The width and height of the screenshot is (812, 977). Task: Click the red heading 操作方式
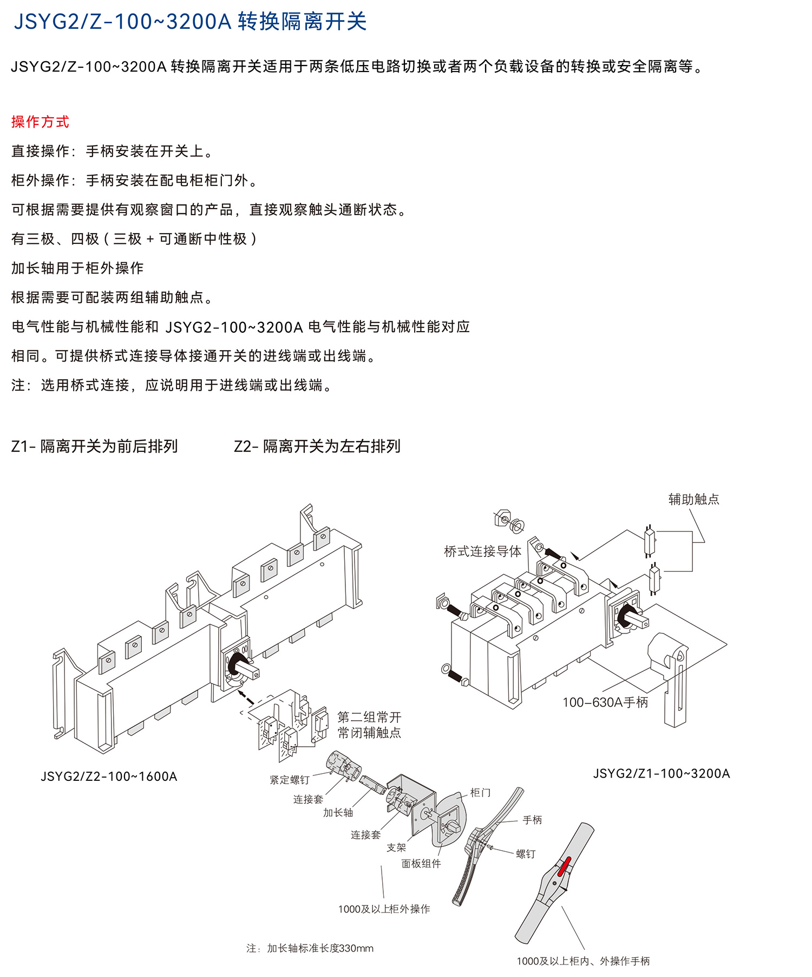[40, 122]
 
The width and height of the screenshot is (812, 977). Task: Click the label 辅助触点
[693, 499]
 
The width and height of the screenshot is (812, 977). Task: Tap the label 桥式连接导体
[482, 552]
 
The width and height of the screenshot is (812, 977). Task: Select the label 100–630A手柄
[605, 702]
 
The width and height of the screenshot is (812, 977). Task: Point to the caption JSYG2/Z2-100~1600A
[109, 777]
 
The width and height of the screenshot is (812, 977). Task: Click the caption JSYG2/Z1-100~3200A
[662, 773]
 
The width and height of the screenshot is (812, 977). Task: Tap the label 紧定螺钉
[290, 780]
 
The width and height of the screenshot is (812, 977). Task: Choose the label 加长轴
[338, 812]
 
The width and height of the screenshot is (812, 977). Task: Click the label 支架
[396, 847]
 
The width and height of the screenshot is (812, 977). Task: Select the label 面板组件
[421, 863]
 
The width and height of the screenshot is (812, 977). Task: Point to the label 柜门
[480, 793]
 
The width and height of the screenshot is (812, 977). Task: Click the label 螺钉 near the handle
[525, 854]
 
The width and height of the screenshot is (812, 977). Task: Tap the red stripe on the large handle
[564, 866]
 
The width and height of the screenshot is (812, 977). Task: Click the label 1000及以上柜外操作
[384, 909]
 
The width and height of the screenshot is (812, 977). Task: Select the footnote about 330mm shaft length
[310, 948]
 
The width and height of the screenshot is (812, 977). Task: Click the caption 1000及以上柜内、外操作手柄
[583, 961]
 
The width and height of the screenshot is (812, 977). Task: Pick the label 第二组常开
[369, 717]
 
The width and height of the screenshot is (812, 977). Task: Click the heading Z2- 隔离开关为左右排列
[317, 447]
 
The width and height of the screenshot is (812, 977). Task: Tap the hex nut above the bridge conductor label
[502, 518]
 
